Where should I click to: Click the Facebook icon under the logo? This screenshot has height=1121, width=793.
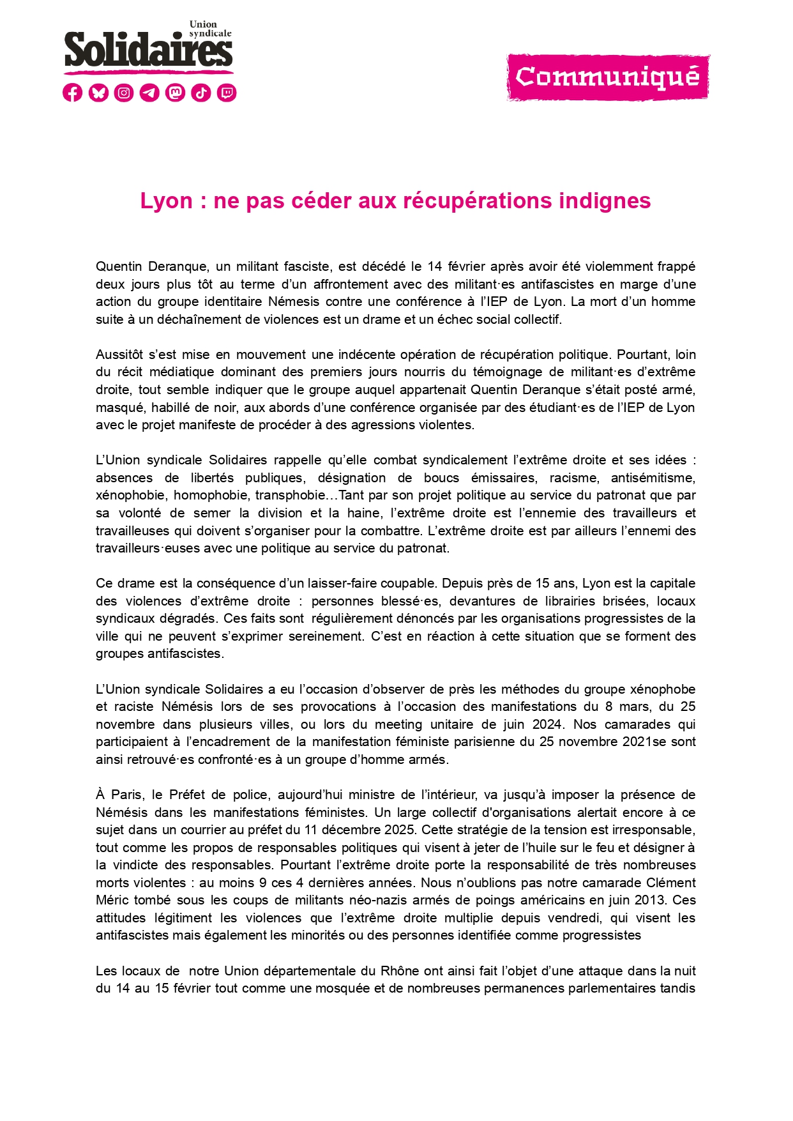click(73, 93)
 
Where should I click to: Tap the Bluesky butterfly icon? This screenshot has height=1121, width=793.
click(98, 93)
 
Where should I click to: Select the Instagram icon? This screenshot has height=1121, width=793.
click(124, 93)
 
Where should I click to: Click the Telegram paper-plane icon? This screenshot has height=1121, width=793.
click(149, 93)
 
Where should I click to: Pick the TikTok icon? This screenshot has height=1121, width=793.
click(201, 93)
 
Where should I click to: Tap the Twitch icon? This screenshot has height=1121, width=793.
click(227, 93)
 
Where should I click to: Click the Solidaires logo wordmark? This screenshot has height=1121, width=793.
click(148, 50)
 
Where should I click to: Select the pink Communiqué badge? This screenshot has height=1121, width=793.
click(608, 77)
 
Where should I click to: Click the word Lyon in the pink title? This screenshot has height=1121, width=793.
click(166, 201)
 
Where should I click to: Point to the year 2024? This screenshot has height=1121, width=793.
click(550, 724)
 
